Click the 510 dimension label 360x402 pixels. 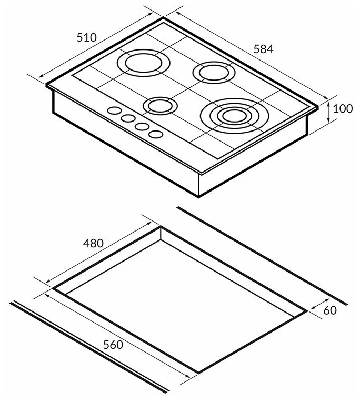(87, 37)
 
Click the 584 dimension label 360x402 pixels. (264, 49)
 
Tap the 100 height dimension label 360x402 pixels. (343, 109)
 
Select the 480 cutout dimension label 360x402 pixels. (93, 243)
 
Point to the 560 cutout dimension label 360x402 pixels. (113, 345)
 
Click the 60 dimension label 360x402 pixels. (329, 310)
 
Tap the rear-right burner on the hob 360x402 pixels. (213, 72)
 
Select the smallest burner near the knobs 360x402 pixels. (158, 106)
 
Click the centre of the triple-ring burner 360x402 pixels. (231, 114)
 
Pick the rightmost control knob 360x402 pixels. (155, 135)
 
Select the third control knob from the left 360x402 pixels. (141, 126)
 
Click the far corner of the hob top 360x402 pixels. (164, 19)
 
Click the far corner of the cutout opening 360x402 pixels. (161, 227)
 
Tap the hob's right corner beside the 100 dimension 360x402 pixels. (317, 107)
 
